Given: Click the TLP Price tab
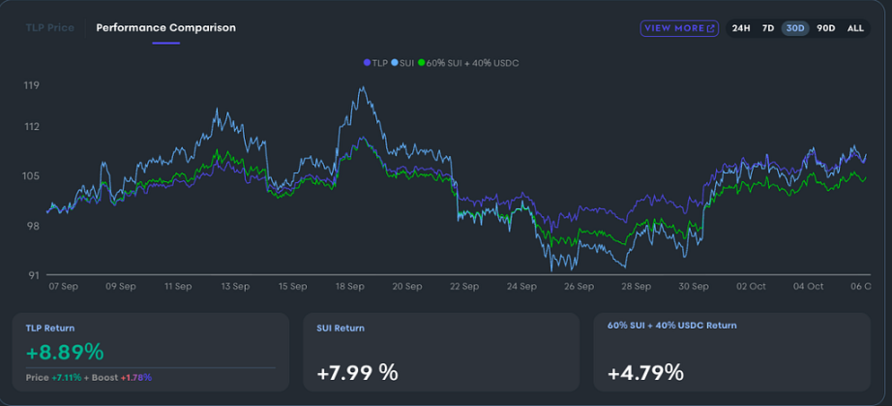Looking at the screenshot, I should [x=48, y=28].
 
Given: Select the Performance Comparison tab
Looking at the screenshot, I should [x=165, y=28].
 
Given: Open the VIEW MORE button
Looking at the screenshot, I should [x=679, y=28].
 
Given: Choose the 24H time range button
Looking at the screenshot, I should [x=741, y=28].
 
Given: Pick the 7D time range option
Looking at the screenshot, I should [x=768, y=28].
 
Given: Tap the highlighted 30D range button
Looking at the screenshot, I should [x=796, y=28].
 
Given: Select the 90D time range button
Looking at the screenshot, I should [x=825, y=28].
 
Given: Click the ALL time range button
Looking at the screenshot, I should [x=855, y=28].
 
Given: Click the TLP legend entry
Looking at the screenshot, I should [x=375, y=63].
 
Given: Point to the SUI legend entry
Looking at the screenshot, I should [x=403, y=63].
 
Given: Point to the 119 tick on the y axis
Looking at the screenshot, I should [x=32, y=86].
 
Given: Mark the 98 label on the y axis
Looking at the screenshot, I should [x=32, y=226].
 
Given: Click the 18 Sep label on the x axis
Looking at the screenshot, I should [x=350, y=287].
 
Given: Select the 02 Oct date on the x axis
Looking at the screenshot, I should [x=751, y=287].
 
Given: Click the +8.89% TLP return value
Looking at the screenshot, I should [x=65, y=352].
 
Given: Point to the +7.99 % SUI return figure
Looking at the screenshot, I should [x=357, y=372].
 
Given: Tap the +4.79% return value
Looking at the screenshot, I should [x=645, y=372].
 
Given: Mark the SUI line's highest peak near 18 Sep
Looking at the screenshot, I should [x=363, y=88].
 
